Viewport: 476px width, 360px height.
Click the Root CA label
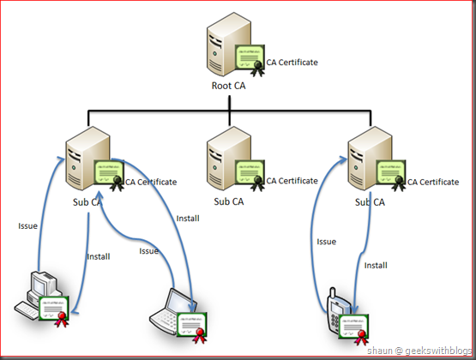[x=228, y=86]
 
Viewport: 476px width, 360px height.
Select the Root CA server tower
[x=229, y=45]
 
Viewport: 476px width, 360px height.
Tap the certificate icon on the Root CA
[x=250, y=61]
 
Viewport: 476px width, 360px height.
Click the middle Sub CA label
[x=229, y=201]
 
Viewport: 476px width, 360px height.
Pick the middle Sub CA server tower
[x=229, y=159]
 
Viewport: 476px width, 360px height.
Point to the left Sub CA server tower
[x=87, y=159]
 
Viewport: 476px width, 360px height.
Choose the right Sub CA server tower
[x=370, y=159]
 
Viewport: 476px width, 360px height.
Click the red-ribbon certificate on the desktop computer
[x=55, y=311]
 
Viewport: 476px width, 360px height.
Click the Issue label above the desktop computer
[x=27, y=226]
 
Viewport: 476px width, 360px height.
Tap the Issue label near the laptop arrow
[x=148, y=251]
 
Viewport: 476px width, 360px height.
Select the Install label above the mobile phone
[x=376, y=266]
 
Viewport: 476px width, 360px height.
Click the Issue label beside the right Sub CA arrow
[x=327, y=242]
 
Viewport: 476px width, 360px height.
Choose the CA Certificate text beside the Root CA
[x=292, y=63]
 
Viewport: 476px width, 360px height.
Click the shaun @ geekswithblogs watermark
[x=419, y=351]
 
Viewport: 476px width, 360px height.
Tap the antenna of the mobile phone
[x=333, y=293]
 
